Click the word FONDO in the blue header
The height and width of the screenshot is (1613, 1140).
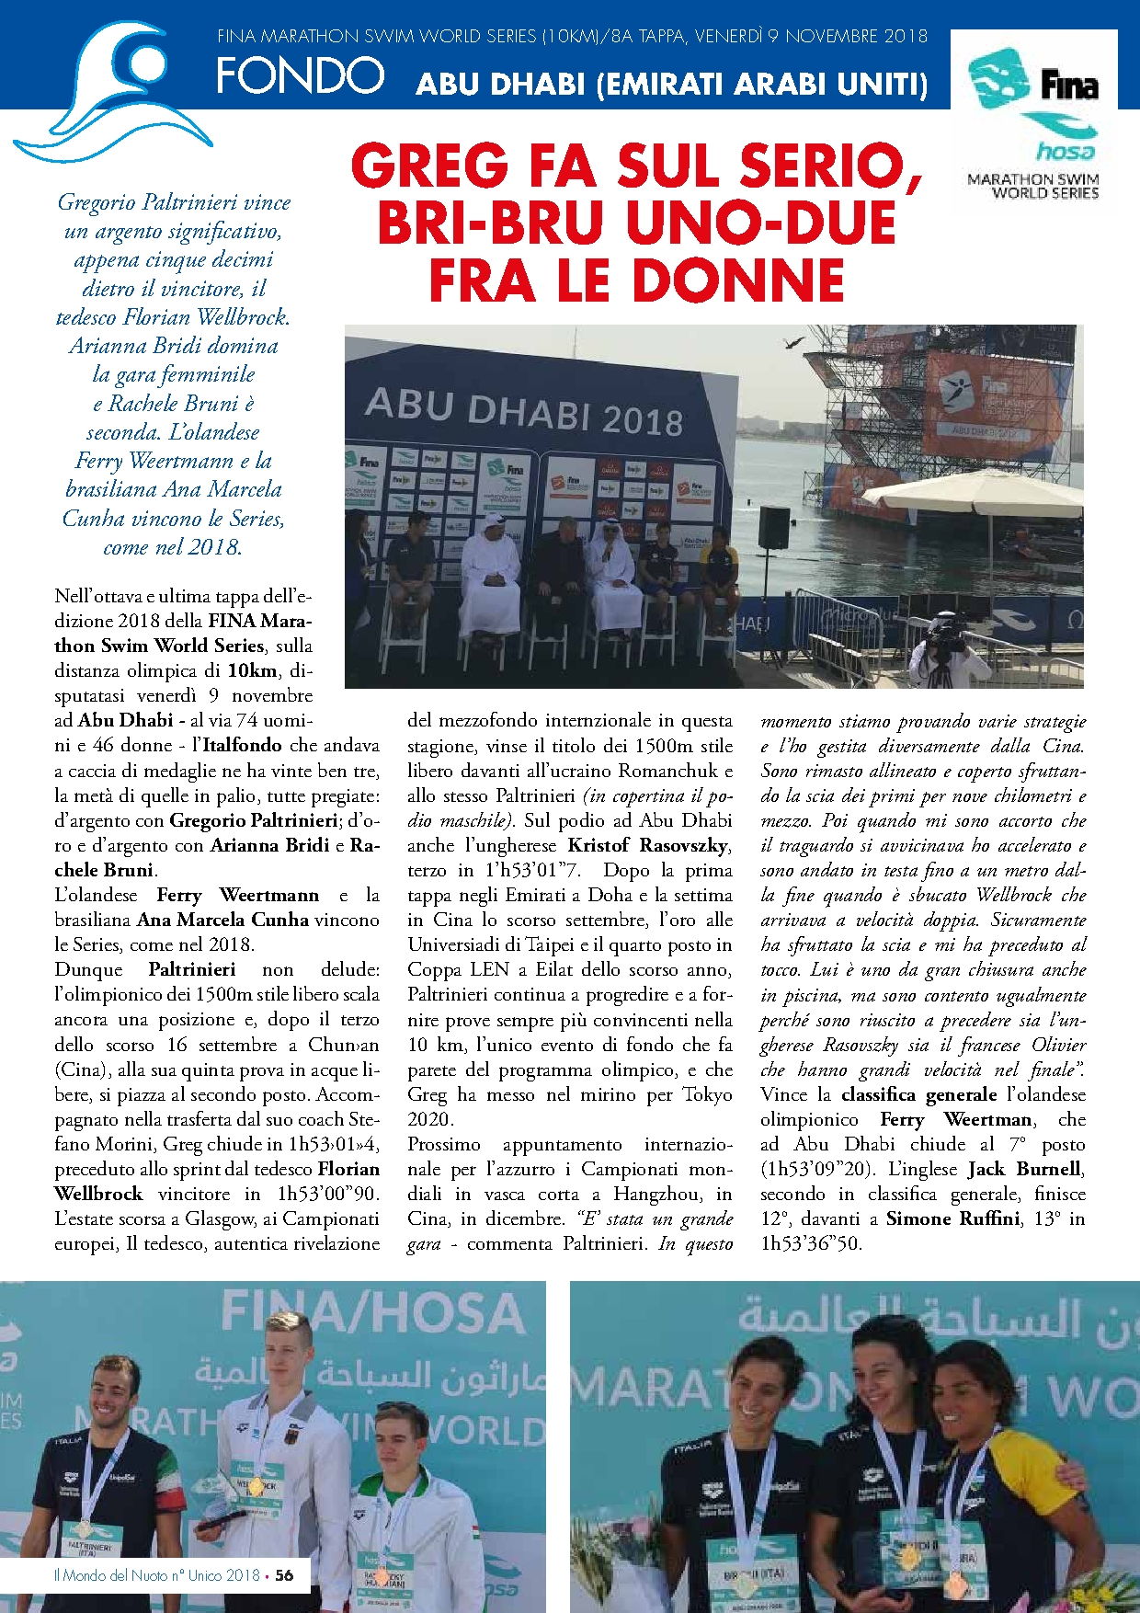[300, 75]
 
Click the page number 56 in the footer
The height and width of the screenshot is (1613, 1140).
[285, 1575]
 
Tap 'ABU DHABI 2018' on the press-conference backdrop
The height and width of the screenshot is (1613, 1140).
[524, 411]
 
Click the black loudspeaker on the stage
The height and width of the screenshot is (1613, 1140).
[774, 528]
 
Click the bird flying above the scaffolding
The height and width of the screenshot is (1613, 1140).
[792, 343]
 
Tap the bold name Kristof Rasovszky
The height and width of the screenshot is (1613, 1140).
[648, 845]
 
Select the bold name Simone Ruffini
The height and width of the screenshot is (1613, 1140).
[952, 1219]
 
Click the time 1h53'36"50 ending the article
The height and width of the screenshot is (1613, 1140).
[811, 1244]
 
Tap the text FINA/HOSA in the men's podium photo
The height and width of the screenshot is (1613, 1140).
[372, 1315]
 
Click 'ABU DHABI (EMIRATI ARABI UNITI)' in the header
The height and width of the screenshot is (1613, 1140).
[672, 85]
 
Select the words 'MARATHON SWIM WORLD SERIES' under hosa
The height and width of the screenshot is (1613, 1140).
[1033, 186]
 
